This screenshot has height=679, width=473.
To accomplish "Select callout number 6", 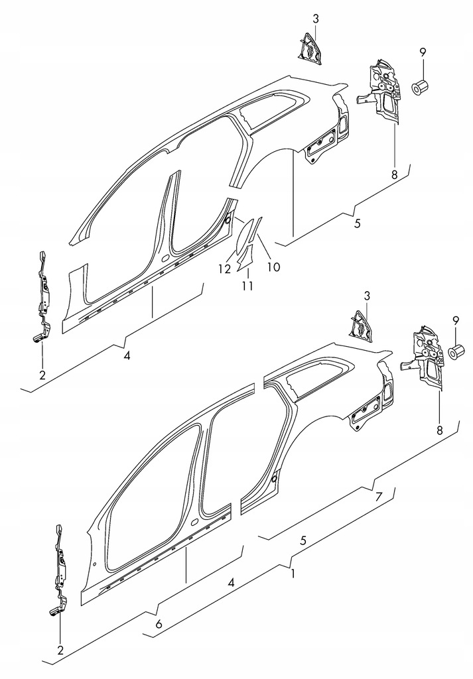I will (159, 624).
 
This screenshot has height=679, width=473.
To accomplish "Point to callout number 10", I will (273, 268).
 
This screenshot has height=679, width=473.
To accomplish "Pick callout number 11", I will (247, 286).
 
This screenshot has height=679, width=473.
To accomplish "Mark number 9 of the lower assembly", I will (455, 320).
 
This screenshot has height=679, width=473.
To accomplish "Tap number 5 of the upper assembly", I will (357, 223).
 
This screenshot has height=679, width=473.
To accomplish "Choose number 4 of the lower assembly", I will (232, 583).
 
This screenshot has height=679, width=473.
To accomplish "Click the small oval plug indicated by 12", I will (228, 218).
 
